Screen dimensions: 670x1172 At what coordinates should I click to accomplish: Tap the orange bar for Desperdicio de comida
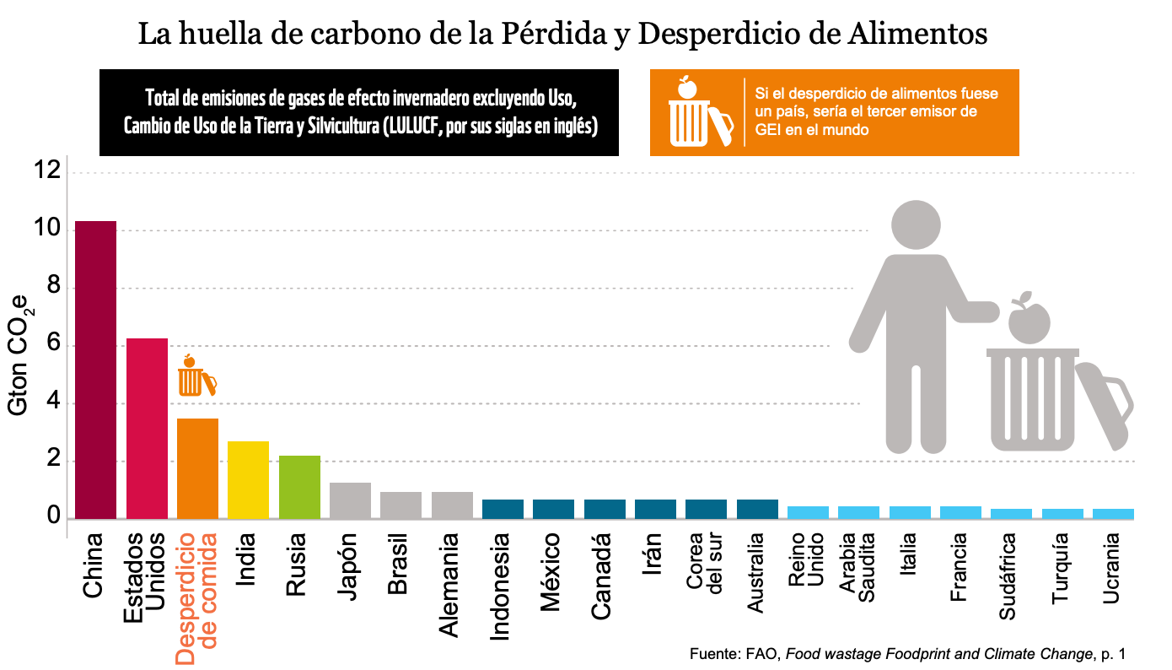(x=197, y=468)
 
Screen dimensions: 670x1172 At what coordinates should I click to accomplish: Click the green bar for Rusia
(x=299, y=487)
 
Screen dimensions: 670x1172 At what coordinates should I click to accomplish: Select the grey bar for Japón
(x=350, y=500)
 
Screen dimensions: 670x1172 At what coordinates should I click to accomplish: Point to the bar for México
(x=554, y=509)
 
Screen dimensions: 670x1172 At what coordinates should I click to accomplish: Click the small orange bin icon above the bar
(x=195, y=377)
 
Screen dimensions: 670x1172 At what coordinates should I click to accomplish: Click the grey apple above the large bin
(x=1028, y=319)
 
